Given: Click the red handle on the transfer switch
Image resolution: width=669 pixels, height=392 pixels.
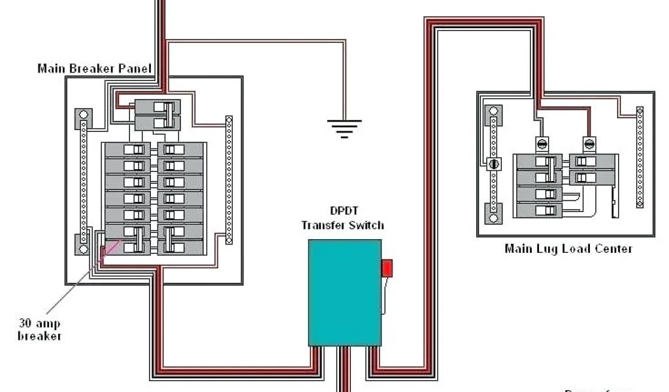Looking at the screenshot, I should (387, 268).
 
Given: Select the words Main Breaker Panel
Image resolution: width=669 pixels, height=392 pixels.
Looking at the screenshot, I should (94, 68).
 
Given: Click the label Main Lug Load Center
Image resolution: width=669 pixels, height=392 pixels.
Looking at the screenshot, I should (568, 248).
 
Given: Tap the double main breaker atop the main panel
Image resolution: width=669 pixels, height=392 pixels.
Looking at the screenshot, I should (157, 114).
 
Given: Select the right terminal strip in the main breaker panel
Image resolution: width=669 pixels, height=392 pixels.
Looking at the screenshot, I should (229, 180).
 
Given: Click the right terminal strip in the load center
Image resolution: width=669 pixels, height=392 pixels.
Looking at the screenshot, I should (640, 157).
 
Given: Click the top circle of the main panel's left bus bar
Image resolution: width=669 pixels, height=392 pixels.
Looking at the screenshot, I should (84, 115).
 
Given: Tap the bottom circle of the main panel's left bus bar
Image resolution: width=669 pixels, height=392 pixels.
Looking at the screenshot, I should (84, 248).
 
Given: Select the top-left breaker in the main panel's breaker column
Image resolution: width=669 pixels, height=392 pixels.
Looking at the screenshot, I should (128, 150).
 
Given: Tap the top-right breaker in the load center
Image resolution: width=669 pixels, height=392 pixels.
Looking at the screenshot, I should (592, 161).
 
